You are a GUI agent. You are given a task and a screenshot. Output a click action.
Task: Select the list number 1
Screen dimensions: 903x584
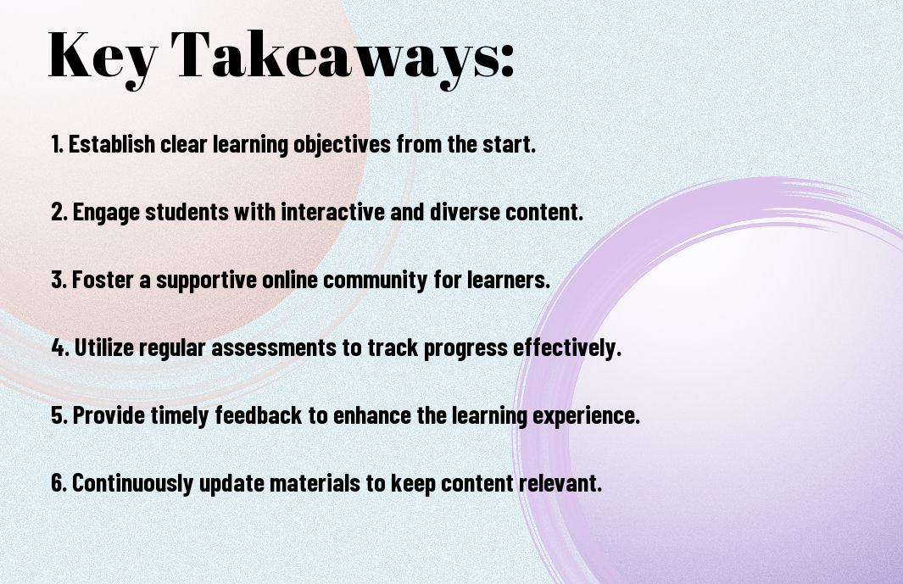click(57, 144)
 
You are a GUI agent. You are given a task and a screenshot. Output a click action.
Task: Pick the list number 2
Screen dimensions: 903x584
click(59, 212)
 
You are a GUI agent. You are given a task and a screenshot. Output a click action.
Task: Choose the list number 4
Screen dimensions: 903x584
click(60, 348)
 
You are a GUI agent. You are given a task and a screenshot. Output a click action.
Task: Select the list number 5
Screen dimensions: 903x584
click(59, 415)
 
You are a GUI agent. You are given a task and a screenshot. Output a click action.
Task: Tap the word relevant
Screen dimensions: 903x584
click(560, 482)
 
